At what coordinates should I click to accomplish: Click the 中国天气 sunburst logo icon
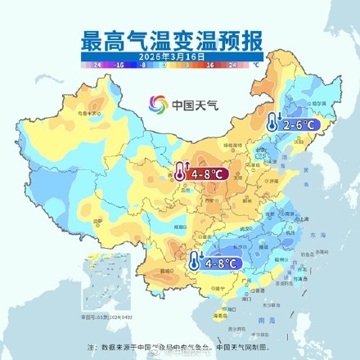[157, 104]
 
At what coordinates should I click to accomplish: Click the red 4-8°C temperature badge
[205, 173]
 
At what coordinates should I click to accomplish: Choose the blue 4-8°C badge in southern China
[221, 263]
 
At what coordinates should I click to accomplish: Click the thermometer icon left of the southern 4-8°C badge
[195, 261]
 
